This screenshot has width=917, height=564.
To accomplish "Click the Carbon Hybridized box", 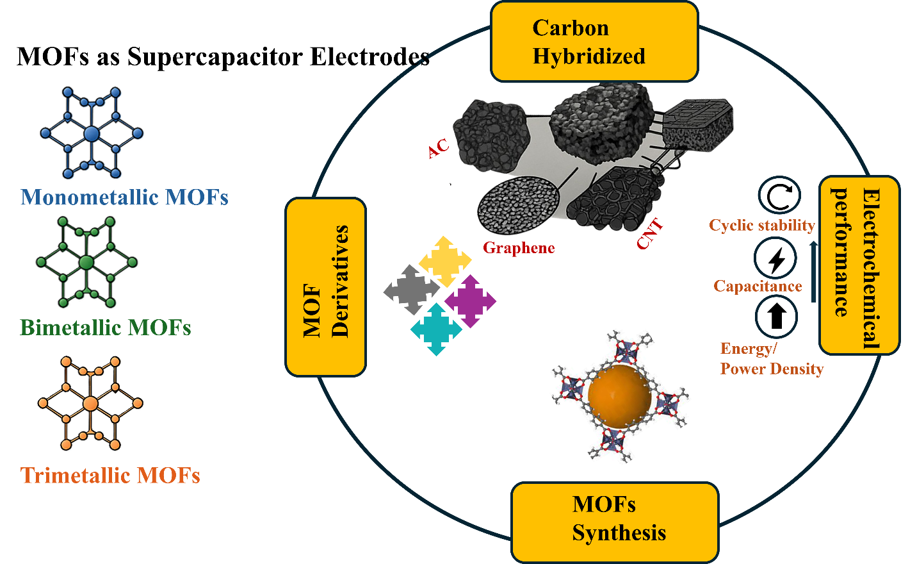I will click(x=594, y=42).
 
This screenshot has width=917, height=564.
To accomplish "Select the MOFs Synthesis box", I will click(x=615, y=520).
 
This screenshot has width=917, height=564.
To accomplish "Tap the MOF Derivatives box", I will click(x=326, y=286).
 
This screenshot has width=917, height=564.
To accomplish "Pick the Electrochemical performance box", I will click(x=859, y=265).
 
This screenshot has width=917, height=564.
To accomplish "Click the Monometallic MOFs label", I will click(x=124, y=197).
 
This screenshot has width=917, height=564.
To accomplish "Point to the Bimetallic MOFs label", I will click(x=106, y=328).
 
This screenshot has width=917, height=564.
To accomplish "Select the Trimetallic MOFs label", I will click(x=110, y=476).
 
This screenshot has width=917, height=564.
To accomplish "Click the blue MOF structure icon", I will click(x=92, y=133).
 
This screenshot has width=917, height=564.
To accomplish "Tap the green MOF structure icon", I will click(x=87, y=262).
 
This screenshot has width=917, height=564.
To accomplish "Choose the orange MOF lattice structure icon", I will click(x=90, y=404).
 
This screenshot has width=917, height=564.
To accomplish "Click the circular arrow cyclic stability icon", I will click(x=779, y=195).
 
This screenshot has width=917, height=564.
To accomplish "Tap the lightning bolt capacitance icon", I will click(x=775, y=259).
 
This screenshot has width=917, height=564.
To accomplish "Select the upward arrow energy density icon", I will click(x=776, y=317).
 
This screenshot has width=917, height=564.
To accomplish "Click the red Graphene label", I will click(x=519, y=248).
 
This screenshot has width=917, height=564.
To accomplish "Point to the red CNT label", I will click(x=649, y=234).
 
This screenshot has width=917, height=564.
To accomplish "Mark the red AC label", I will click(x=439, y=149).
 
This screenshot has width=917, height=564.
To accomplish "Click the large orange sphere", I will click(x=619, y=396).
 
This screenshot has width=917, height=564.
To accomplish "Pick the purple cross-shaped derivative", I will click(x=470, y=301).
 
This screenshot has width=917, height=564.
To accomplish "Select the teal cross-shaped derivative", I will click(x=436, y=329).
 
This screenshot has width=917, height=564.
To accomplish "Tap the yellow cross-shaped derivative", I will click(x=444, y=261).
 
